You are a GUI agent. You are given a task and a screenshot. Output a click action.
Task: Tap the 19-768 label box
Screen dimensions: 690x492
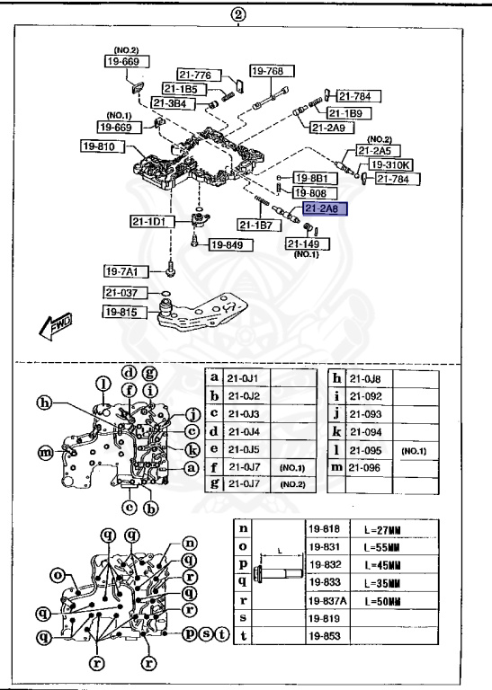tap(267, 72)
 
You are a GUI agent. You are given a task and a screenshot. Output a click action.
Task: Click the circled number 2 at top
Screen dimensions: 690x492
tap(238, 13)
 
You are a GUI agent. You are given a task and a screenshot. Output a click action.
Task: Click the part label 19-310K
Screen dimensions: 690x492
tap(389, 165)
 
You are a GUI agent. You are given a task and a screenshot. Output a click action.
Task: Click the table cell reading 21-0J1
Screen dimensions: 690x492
tap(246, 379)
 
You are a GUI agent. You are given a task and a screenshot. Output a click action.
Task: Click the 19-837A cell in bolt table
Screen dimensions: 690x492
tap(328, 600)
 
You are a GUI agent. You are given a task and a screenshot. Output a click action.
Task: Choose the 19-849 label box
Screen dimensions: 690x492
tap(228, 243)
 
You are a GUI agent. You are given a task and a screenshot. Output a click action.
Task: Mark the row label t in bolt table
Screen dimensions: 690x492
tap(242, 636)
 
